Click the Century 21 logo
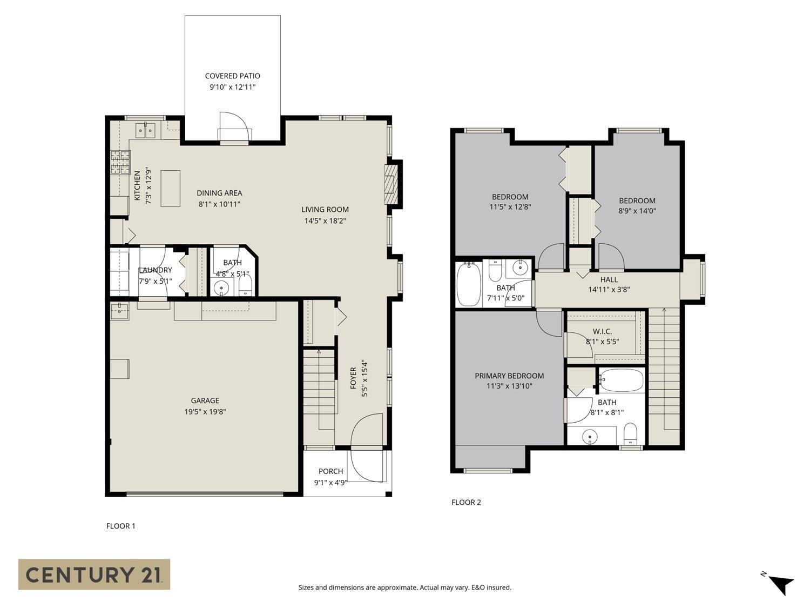tap(94, 574)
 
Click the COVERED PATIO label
tap(232, 76)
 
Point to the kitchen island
tap(170, 188)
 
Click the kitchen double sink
tap(146, 130)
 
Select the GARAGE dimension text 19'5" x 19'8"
tap(205, 411)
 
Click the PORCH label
tap(330, 471)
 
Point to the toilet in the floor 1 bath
tap(245, 286)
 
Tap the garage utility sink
tap(119, 311)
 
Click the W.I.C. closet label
tap(602, 331)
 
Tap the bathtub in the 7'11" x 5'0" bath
tap(469, 284)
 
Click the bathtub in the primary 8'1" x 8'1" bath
tap(621, 380)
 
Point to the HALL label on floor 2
tap(609, 279)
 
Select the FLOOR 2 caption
tap(466, 502)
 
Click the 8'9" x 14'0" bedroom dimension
tap(637, 211)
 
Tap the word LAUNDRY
tap(156, 270)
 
